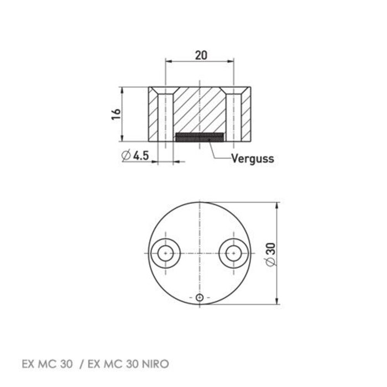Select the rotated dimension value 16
click(114, 114)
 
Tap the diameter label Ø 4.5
click(135, 156)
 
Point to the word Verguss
click(253, 158)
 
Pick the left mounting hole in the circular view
click(165, 253)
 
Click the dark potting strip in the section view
click(199, 136)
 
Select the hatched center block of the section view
click(199, 111)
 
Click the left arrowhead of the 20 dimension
click(169, 62)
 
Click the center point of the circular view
click(198, 253)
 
